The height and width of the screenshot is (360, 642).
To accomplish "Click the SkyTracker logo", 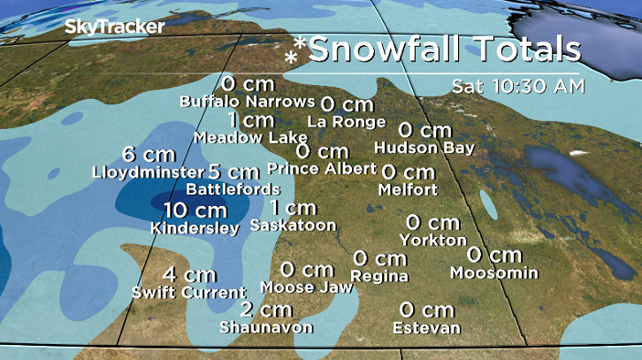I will pos(114,27).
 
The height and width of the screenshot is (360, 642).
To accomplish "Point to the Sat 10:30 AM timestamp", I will pos(517,87).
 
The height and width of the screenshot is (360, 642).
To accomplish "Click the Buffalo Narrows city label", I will pos(247,101).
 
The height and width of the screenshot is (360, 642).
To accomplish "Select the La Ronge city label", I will pos(347,121).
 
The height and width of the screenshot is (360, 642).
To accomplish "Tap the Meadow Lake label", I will pos(250,138).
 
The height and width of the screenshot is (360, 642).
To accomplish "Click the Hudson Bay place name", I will pos(424,148).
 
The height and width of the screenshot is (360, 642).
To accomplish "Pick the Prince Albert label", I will pos(322,168).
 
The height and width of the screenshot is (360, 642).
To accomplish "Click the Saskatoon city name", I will pos(294,226).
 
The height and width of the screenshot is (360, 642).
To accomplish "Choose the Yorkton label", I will pos(433,240).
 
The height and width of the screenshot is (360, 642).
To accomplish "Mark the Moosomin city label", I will pos(493,272).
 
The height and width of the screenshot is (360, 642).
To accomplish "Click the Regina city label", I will pos(379,276).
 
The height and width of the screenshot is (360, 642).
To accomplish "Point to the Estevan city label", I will pos(427,328).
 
